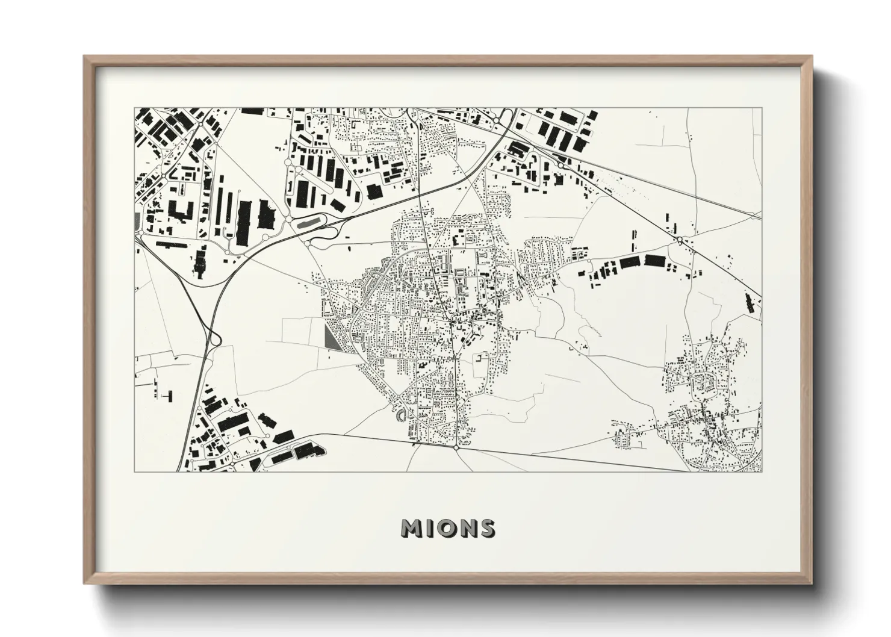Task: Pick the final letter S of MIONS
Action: point(486,528)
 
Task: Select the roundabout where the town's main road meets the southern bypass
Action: point(457,447)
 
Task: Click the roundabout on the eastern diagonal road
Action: point(680,240)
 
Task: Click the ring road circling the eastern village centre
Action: point(702,382)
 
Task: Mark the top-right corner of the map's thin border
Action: point(762,108)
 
